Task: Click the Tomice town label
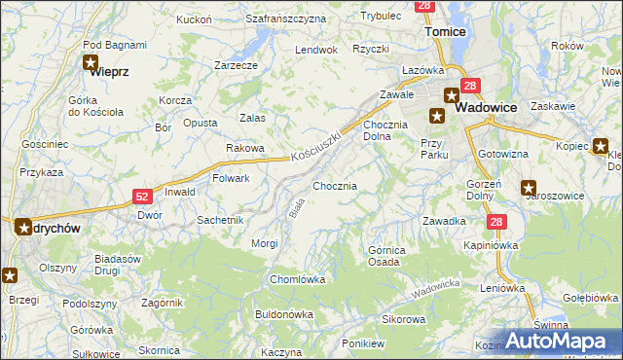point(447,31)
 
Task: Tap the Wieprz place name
point(110,71)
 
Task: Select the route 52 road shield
point(141,197)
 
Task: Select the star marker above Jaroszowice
point(529,188)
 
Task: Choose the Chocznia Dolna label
point(377,131)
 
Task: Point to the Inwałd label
point(179,192)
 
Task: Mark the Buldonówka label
point(283,314)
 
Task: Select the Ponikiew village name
point(364,343)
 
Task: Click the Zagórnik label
point(162,303)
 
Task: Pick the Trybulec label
point(381,17)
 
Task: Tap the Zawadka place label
point(443,221)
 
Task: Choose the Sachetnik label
point(220,220)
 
